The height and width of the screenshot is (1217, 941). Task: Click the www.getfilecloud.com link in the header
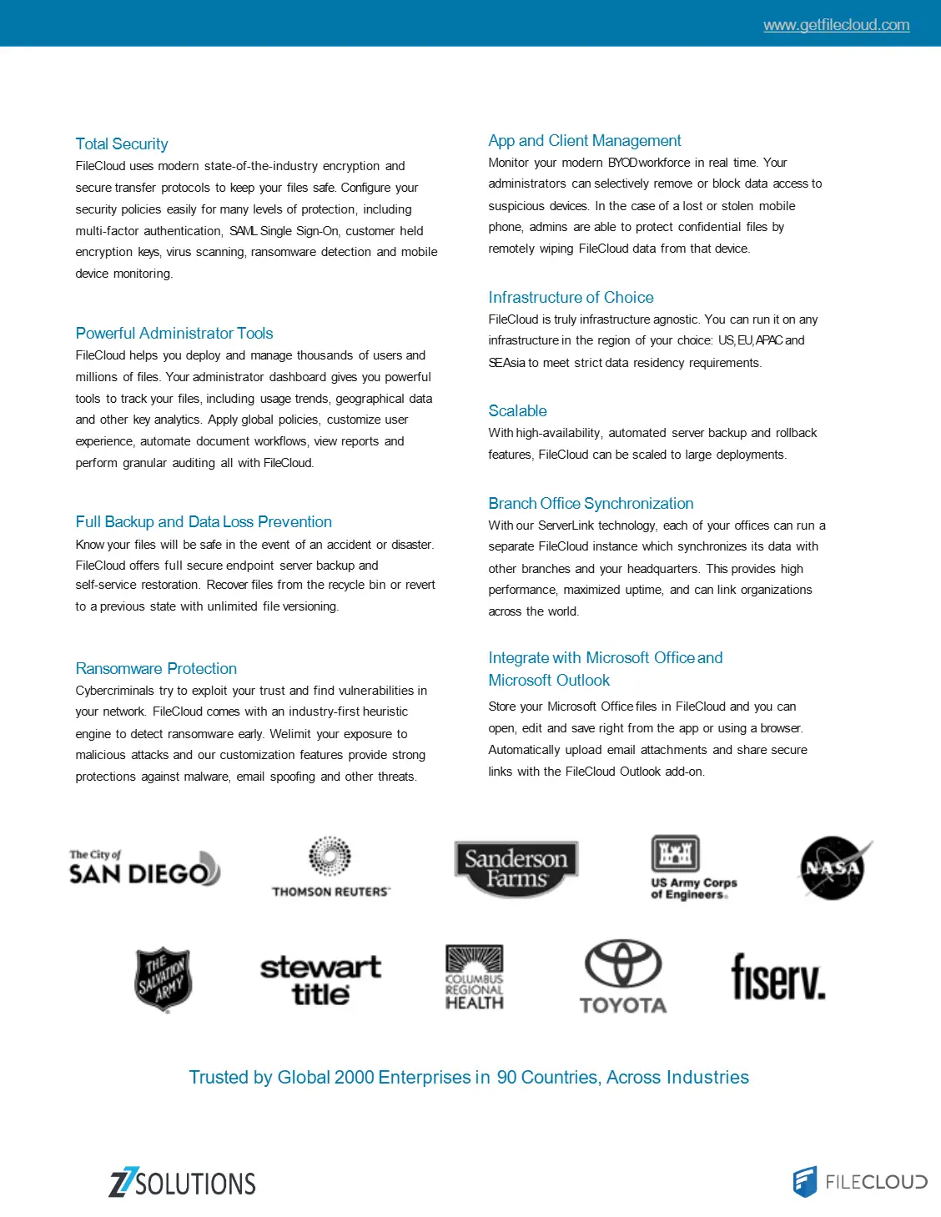pos(836,25)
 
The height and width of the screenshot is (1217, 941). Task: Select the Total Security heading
pos(122,144)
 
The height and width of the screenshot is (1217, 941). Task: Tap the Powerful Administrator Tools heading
pos(174,334)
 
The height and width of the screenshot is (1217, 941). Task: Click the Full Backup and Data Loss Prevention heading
pos(204,522)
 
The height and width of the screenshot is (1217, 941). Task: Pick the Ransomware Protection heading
pos(156,669)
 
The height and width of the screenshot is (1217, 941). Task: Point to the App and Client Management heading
pos(585,141)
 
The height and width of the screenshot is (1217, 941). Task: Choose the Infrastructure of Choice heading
pos(571,298)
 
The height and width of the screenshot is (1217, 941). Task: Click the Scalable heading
pos(517,411)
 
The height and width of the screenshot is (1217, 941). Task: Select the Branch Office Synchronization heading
pos(591,504)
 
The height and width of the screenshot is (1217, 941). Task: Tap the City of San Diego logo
pos(144,867)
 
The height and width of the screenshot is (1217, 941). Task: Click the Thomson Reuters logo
pos(330,867)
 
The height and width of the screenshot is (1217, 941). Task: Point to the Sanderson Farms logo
pos(516,868)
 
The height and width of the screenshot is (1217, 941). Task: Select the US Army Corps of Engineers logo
pos(692,867)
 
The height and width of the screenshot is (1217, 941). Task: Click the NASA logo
pos(833,867)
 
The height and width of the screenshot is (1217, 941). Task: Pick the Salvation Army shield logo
pos(164,978)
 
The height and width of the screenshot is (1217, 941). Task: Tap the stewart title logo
pos(320,980)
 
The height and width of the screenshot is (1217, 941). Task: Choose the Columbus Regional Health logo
pos(474,978)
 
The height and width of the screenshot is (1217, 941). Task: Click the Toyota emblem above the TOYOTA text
pos(623,964)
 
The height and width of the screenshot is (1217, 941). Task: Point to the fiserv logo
pos(777,978)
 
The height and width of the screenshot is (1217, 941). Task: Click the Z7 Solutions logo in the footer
pos(182,1183)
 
